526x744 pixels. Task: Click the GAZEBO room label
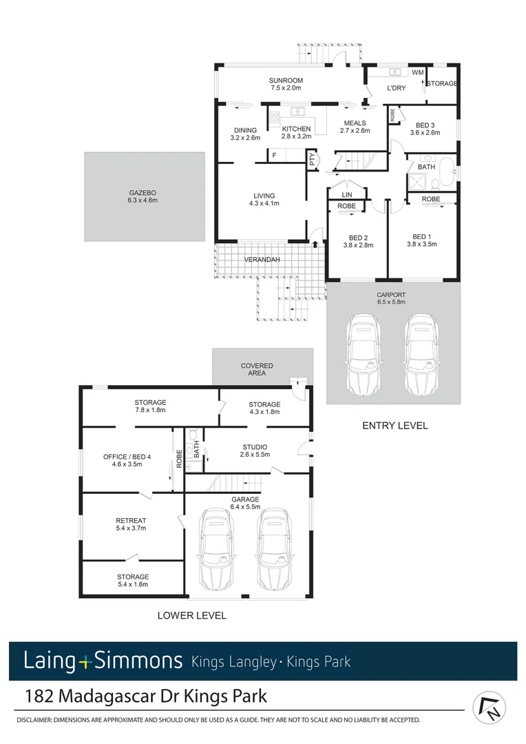144,196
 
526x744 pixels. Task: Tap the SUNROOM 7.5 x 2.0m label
286,84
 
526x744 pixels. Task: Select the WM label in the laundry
417,72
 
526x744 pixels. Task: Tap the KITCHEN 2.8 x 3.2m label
296,132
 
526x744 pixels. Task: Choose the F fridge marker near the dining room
274,156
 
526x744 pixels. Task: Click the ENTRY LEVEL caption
394,426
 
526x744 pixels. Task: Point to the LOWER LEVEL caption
191,615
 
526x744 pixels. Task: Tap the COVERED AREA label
257,369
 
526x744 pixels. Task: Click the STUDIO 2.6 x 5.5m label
255,451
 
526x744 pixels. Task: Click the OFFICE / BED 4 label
122,460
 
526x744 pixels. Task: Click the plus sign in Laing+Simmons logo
85,662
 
